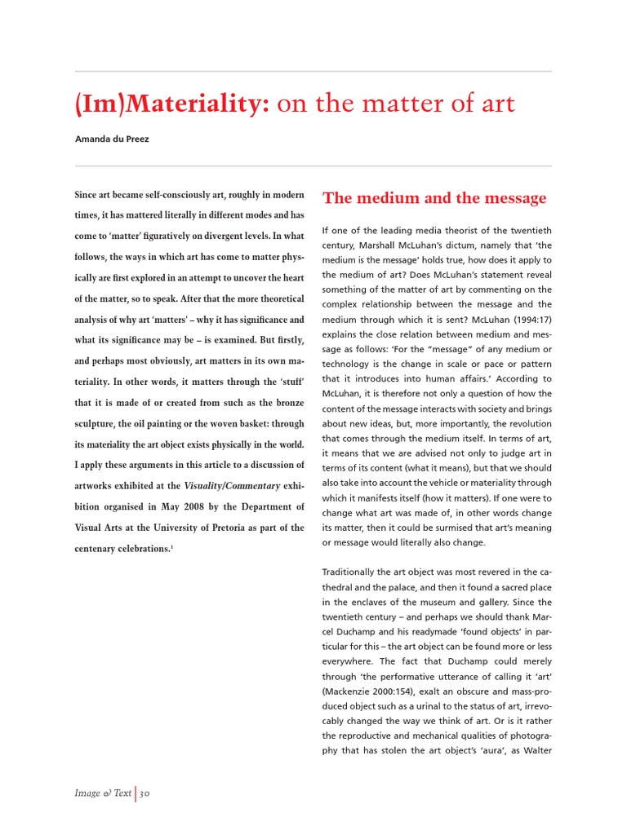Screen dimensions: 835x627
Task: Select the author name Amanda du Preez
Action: coord(112,139)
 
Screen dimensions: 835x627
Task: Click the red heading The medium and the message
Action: coord(434,198)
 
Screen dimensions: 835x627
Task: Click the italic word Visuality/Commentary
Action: coord(225,486)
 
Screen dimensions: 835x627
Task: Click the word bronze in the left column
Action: coord(288,403)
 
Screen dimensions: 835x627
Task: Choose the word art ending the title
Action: coord(499,104)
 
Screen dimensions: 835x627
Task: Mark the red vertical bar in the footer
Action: coord(136,793)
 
